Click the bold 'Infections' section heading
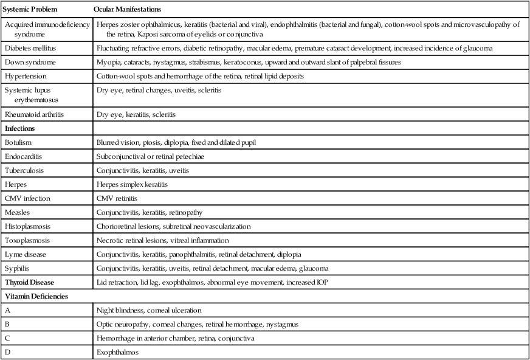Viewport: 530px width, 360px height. pos(20,129)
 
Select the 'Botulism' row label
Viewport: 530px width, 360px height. pos(19,142)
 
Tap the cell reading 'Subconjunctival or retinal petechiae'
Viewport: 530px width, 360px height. pos(150,156)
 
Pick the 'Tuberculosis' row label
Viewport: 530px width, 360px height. pos(24,170)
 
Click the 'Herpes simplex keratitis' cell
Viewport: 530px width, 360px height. pos(132,184)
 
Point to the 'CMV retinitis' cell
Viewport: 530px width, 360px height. pos(117,198)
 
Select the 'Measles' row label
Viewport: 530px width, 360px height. pos(18,212)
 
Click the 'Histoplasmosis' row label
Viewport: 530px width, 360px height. pos(27,226)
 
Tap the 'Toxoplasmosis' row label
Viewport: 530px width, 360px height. pos(27,240)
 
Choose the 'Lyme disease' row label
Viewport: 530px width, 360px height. pos(25,254)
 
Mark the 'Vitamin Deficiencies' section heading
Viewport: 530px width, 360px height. pos(36,296)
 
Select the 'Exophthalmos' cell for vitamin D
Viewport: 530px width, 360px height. pos(116,352)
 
